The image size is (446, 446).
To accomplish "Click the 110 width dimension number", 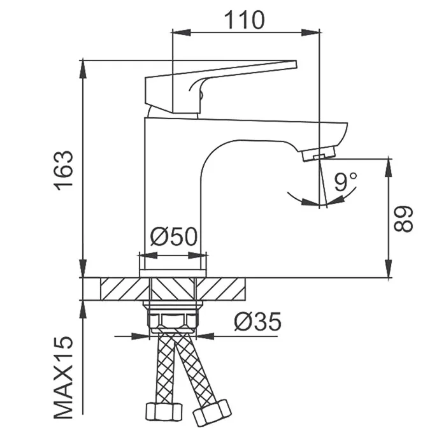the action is pyautogui.click(x=244, y=20).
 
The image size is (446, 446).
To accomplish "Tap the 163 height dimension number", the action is pyautogui.click(x=64, y=170).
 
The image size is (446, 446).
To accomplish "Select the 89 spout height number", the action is pyautogui.click(x=403, y=219).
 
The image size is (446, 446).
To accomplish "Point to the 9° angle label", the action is pyautogui.click(x=345, y=182).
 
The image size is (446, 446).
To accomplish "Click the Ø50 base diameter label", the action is pyautogui.click(x=173, y=236).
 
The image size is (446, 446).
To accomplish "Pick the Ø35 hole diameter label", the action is pyautogui.click(x=257, y=321).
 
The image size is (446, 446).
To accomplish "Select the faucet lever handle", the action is pyautogui.click(x=220, y=87).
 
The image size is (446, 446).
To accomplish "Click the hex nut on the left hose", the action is pyautogui.click(x=164, y=412).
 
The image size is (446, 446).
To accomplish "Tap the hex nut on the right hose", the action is pyautogui.click(x=212, y=412).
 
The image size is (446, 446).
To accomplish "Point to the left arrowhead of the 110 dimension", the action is pyautogui.click(x=181, y=32).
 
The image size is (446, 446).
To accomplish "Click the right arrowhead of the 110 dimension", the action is pyautogui.click(x=311, y=32).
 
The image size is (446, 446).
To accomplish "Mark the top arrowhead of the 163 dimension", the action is pyautogui.click(x=83, y=69).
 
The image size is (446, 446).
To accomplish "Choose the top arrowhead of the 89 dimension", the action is pyautogui.click(x=389, y=168).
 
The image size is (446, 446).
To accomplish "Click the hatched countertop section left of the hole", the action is pyautogui.click(x=125, y=289).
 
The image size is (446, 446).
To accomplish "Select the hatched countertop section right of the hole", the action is pyautogui.click(x=220, y=289).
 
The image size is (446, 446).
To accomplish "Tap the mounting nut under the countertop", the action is pyautogui.click(x=173, y=319).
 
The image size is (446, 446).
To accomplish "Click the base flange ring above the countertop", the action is pyautogui.click(x=173, y=273).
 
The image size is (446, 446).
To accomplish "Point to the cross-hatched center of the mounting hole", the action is pyautogui.click(x=173, y=289).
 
